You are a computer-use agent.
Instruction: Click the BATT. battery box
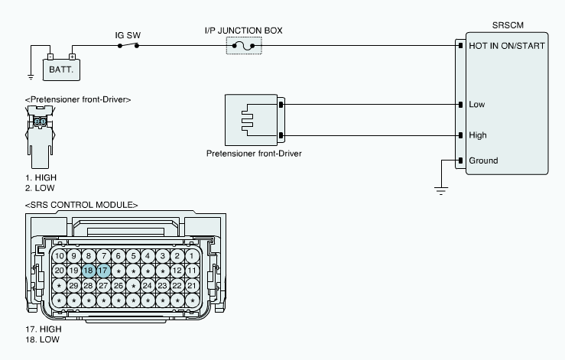point(61,70)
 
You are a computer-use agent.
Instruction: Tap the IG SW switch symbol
point(128,45)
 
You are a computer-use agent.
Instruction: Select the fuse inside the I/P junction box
point(244,46)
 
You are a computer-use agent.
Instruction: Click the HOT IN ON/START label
point(507,46)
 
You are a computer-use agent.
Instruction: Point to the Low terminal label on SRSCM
point(477,105)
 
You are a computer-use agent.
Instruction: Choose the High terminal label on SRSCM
point(478,135)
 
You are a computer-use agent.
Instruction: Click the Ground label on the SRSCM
point(483,161)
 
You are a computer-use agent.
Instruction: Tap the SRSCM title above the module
point(508,25)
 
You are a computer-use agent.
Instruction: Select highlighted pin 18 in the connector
point(88,271)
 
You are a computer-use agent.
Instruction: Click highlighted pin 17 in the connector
point(103,271)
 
